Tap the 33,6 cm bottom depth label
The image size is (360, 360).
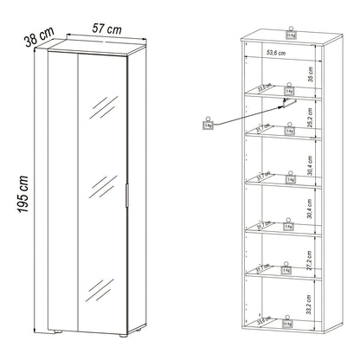(260, 325)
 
